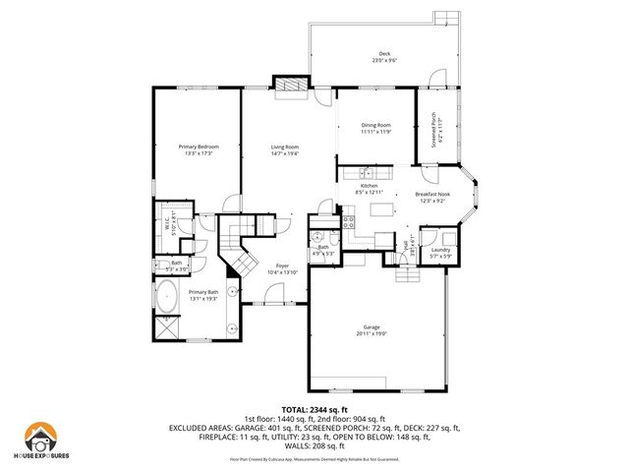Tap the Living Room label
[x=285, y=147]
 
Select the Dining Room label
[x=376, y=125]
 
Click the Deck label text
[x=384, y=54]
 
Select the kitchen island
[x=378, y=209]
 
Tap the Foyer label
[x=282, y=265]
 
